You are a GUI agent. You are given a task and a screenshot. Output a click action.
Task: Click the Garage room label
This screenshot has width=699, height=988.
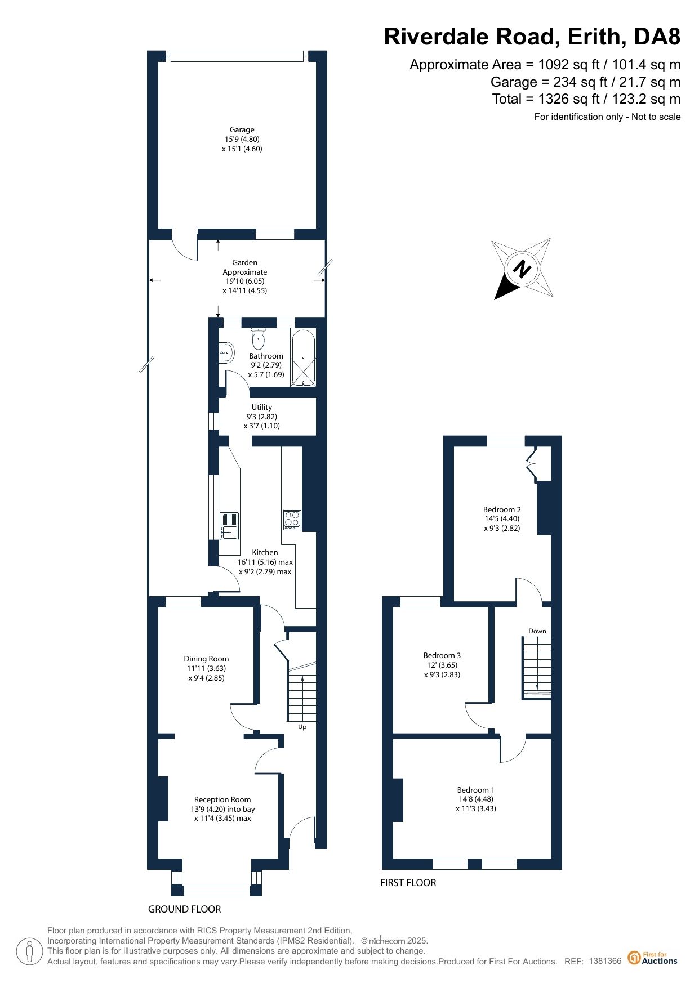[242, 129]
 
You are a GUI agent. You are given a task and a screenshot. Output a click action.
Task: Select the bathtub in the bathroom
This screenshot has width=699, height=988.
[303, 357]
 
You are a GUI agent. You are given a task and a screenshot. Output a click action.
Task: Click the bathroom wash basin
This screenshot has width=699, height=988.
[227, 352]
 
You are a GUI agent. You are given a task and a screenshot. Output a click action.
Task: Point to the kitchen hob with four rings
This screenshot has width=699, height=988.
[292, 520]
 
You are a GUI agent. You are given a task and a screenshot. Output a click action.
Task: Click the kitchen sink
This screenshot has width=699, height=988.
[229, 526]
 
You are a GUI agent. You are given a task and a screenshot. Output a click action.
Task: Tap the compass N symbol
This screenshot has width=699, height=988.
[522, 269]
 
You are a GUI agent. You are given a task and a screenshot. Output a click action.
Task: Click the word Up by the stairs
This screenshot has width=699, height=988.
[302, 727]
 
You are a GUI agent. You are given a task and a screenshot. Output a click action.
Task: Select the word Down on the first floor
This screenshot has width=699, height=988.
[537, 631]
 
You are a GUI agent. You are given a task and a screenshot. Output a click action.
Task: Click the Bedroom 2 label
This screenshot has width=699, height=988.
[502, 509]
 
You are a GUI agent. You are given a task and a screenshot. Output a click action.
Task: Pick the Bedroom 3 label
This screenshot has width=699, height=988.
[442, 655]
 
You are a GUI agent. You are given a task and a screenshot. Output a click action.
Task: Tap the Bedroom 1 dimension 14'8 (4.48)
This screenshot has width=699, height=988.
[476, 799]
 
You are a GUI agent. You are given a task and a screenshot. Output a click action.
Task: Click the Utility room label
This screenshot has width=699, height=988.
[262, 407]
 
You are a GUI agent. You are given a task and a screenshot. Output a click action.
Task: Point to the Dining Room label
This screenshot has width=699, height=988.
[206, 659]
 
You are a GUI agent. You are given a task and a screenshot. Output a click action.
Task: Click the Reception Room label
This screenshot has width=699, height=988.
[222, 799]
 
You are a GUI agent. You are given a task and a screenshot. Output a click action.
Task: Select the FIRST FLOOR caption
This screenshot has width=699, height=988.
[408, 883]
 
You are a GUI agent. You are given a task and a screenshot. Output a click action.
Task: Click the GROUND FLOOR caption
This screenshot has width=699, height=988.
[184, 909]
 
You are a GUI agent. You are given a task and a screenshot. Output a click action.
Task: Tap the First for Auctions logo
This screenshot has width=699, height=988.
[653, 958]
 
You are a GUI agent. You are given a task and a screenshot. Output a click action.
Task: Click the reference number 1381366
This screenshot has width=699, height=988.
[605, 961]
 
